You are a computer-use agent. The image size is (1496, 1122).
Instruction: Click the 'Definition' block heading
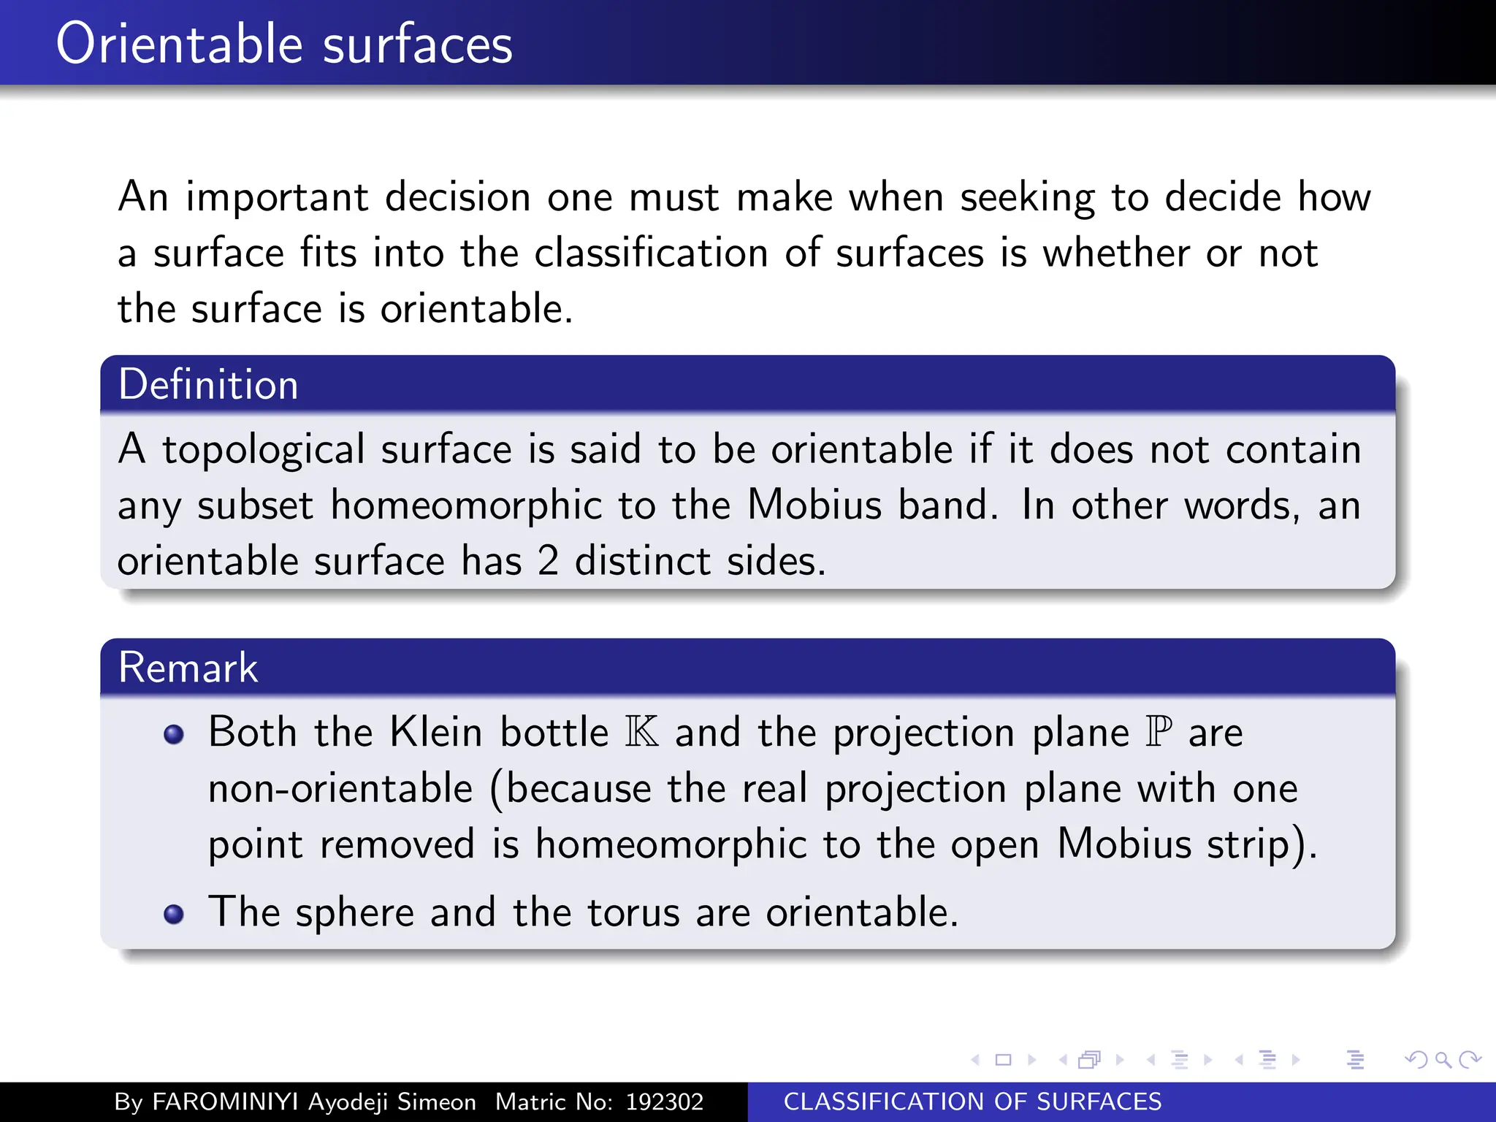[208, 384]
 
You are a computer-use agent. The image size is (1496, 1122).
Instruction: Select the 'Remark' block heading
[188, 667]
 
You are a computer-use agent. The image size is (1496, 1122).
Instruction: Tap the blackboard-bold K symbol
[642, 732]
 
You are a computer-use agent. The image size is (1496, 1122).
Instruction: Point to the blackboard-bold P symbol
[1159, 732]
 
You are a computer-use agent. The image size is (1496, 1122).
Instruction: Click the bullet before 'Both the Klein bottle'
[174, 734]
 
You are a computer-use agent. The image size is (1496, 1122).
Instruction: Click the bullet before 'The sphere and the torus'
[174, 914]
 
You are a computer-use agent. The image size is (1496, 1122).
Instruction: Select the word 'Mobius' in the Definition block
[814, 505]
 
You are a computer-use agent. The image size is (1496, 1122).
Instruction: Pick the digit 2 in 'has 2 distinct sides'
[548, 561]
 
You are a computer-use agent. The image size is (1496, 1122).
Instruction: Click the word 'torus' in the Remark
[633, 912]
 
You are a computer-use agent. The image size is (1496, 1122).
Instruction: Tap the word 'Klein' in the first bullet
[435, 732]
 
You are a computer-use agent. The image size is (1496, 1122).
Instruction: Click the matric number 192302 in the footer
[664, 1102]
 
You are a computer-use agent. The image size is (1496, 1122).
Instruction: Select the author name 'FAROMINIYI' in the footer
[225, 1102]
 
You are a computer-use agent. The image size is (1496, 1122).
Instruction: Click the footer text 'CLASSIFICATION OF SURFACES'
[972, 1102]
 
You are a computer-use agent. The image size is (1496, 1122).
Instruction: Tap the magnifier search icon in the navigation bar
[1443, 1059]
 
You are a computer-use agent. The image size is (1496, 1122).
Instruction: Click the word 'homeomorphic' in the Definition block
[466, 505]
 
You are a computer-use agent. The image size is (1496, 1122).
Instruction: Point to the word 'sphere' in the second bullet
[355, 912]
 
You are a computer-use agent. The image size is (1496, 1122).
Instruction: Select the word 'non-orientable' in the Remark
[340, 789]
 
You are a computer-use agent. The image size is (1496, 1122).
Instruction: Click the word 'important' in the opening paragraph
[277, 197]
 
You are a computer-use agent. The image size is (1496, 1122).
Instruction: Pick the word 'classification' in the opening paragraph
[652, 253]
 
